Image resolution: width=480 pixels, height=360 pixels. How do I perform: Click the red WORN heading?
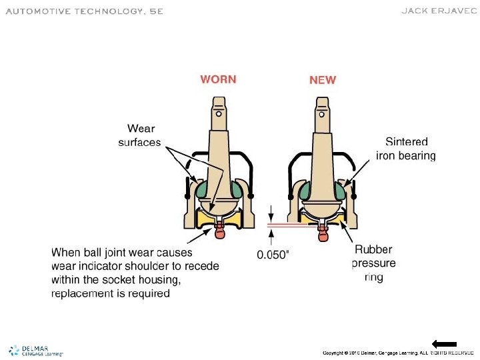(x=218, y=79)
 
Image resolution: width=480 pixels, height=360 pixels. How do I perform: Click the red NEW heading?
(x=323, y=80)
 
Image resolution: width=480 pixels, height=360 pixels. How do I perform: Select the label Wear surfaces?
(x=141, y=135)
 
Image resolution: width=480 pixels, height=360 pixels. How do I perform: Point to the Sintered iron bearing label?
(x=406, y=149)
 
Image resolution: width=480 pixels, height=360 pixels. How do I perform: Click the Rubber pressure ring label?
(x=374, y=263)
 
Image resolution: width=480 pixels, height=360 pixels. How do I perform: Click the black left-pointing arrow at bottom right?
(x=443, y=344)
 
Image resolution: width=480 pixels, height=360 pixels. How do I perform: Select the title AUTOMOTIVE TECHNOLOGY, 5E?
(x=84, y=11)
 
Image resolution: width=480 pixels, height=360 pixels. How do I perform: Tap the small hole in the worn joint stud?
(x=219, y=113)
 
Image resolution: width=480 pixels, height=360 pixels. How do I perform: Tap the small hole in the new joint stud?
(x=323, y=113)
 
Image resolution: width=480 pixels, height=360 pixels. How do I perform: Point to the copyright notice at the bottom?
(x=398, y=352)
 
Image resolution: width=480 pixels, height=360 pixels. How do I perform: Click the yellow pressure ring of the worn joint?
(x=204, y=217)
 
